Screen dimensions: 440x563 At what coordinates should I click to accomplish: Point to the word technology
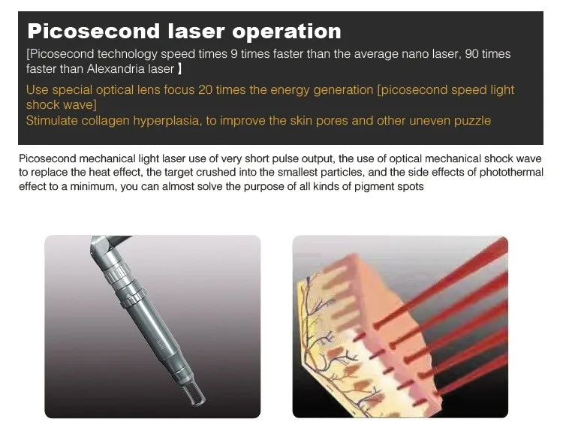129,54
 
